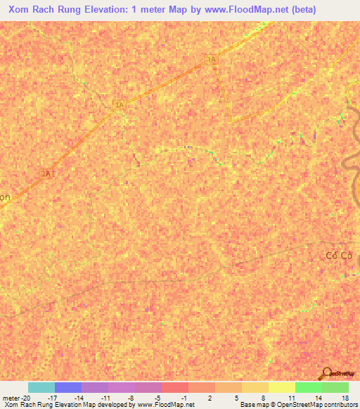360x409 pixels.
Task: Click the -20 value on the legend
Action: coord(26,398)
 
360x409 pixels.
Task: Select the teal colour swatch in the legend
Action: coord(41,387)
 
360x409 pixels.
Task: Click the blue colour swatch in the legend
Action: coord(67,387)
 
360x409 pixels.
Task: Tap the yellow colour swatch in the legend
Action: coord(281,387)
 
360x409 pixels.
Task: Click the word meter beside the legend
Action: coord(11,398)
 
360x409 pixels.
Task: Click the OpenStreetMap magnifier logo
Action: coord(326,372)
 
